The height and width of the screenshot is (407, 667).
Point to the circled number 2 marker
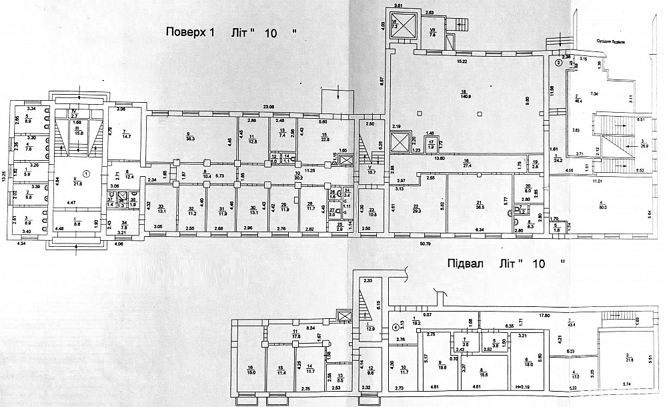tap(558, 63)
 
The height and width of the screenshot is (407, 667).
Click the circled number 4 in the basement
tap(396, 327)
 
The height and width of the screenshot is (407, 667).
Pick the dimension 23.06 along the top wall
tap(269, 107)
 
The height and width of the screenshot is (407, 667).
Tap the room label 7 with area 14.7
tap(124, 133)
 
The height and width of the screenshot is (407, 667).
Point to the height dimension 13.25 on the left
tap(4, 176)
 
